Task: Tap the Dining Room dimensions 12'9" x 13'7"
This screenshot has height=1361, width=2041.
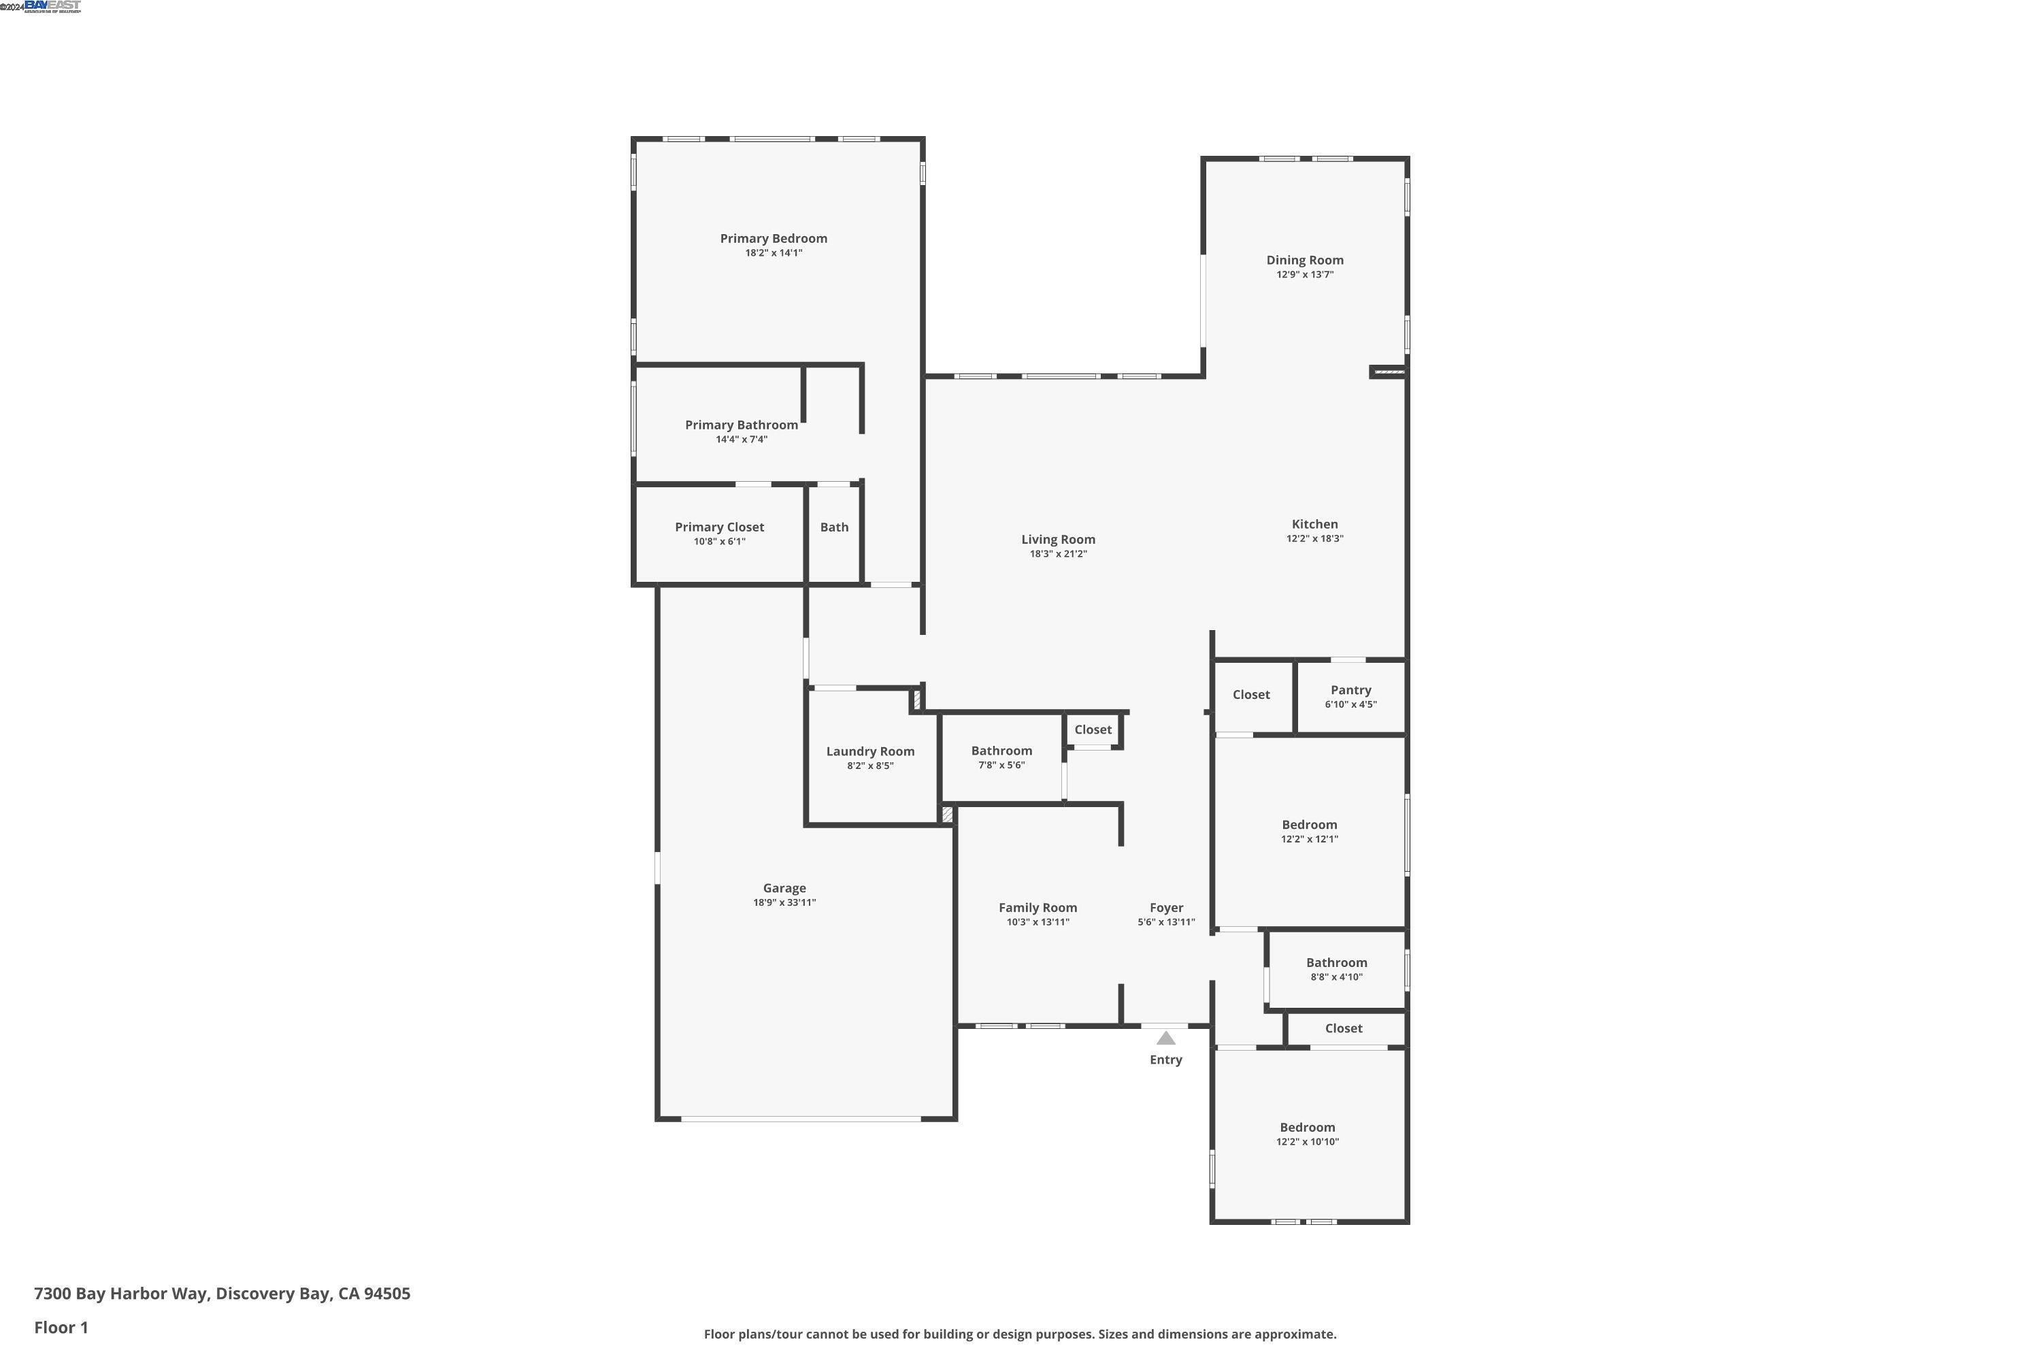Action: coord(1304,275)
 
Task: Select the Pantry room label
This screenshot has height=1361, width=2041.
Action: coord(1350,690)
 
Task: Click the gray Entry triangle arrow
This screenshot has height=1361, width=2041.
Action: coord(1165,1038)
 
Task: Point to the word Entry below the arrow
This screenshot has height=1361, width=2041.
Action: coord(1165,1060)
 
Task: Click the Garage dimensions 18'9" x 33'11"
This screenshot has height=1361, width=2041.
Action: coord(784,903)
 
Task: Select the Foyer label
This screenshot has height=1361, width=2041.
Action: coord(1165,908)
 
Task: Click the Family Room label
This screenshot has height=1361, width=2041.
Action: coord(1037,908)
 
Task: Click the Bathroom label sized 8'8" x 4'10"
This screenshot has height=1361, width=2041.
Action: coord(1335,963)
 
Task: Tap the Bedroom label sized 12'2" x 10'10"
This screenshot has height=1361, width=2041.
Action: coord(1307,1128)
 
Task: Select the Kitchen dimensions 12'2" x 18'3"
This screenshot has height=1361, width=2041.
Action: coord(1314,539)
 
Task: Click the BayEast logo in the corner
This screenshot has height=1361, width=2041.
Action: coord(52,6)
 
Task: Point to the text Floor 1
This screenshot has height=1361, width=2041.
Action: coord(61,1327)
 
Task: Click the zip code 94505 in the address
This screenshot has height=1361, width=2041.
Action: coord(386,1294)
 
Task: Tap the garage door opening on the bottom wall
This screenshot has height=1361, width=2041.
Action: coord(800,1119)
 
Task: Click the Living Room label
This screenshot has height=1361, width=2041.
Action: coord(1058,540)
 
